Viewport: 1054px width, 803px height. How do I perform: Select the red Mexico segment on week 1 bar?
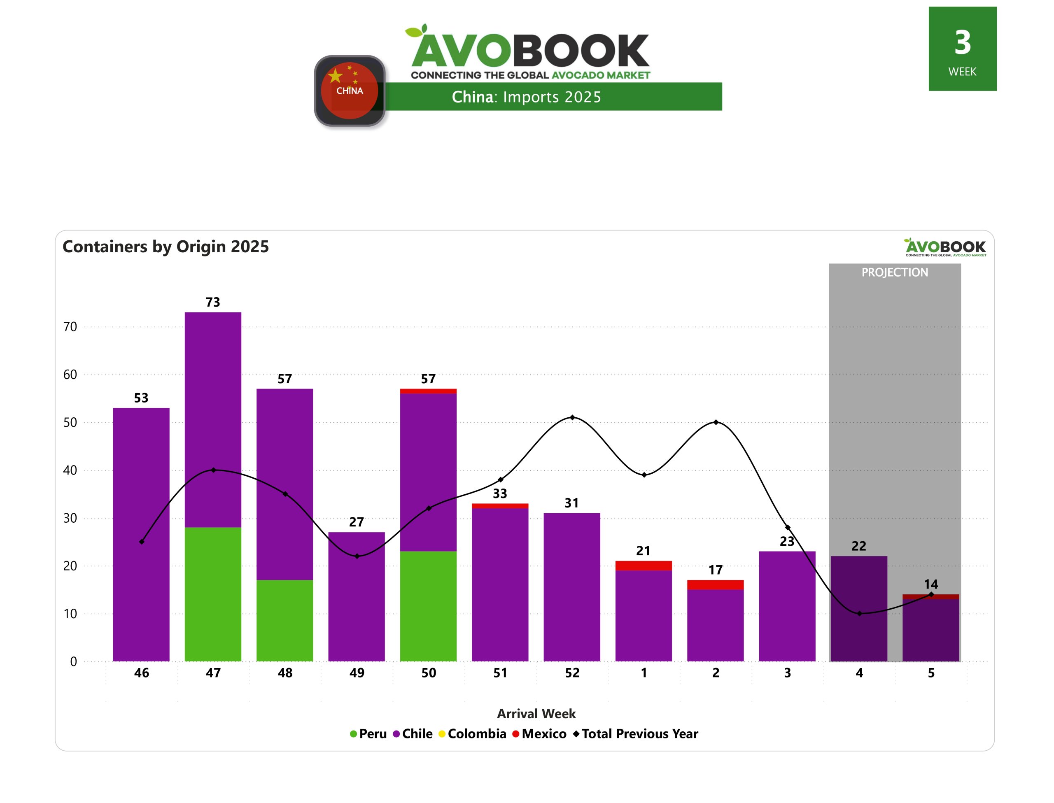point(644,566)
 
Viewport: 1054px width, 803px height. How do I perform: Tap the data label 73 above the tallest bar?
point(213,302)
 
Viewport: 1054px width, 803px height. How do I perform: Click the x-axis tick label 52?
point(572,673)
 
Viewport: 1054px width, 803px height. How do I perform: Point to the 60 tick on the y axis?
point(70,375)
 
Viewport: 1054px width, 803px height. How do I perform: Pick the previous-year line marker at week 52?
point(572,418)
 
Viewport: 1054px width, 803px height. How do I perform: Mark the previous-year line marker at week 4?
point(859,613)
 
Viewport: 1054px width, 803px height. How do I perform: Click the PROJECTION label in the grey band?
point(894,272)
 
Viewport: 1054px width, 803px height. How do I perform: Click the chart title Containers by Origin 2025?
point(166,247)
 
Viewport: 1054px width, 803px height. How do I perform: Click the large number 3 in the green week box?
point(962,42)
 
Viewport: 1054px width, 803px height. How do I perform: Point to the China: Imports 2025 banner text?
point(526,97)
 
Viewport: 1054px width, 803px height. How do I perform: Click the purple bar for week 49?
point(356,598)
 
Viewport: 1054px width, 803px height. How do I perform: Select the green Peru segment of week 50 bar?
point(428,606)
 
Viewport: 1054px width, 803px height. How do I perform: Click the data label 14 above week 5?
point(930,584)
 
